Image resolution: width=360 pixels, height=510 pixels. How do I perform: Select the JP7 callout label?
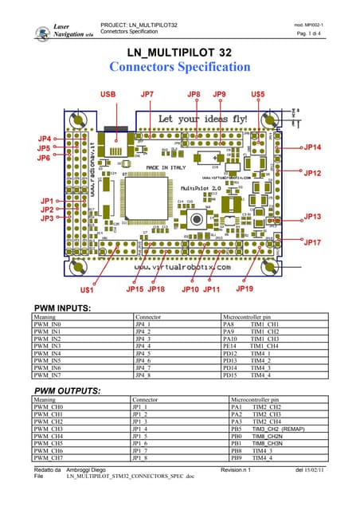147,95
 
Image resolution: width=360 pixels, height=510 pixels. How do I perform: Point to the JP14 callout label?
312,147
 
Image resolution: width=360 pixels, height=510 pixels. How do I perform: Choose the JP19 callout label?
245,288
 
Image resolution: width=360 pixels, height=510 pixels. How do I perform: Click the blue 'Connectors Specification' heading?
179,67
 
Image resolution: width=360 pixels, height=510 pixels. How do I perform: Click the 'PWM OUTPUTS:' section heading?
66,390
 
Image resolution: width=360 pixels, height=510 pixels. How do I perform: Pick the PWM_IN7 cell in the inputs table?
49,375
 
